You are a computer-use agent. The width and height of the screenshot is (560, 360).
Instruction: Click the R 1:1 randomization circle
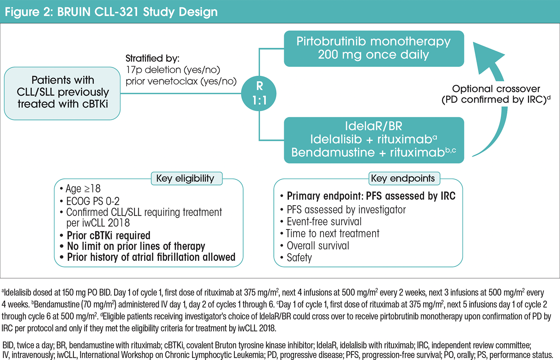click(259, 93)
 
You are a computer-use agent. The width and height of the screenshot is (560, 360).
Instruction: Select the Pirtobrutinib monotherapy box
click(374, 48)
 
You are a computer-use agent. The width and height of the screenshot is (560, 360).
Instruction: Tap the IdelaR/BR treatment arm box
click(374, 140)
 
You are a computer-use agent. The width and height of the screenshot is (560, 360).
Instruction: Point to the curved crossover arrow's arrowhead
click(486, 56)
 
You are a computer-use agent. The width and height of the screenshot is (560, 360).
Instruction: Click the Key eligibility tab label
click(186, 178)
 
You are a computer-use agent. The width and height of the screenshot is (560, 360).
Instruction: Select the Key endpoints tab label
click(403, 178)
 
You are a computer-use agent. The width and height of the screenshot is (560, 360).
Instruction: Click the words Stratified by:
click(152, 59)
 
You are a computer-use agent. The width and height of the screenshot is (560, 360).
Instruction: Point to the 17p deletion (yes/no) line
click(173, 70)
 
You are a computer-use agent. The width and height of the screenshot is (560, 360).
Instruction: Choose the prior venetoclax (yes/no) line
click(181, 81)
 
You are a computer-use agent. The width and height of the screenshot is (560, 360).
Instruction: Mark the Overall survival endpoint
click(318, 246)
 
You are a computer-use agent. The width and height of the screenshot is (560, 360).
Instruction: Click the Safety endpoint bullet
click(299, 258)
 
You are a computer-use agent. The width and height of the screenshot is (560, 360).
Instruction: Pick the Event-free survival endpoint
click(324, 222)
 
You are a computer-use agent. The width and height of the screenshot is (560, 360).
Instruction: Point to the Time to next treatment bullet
click(332, 234)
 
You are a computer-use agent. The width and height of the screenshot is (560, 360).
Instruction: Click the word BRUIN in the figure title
click(74, 12)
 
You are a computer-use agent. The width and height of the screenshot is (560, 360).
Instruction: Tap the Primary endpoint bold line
click(371, 196)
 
